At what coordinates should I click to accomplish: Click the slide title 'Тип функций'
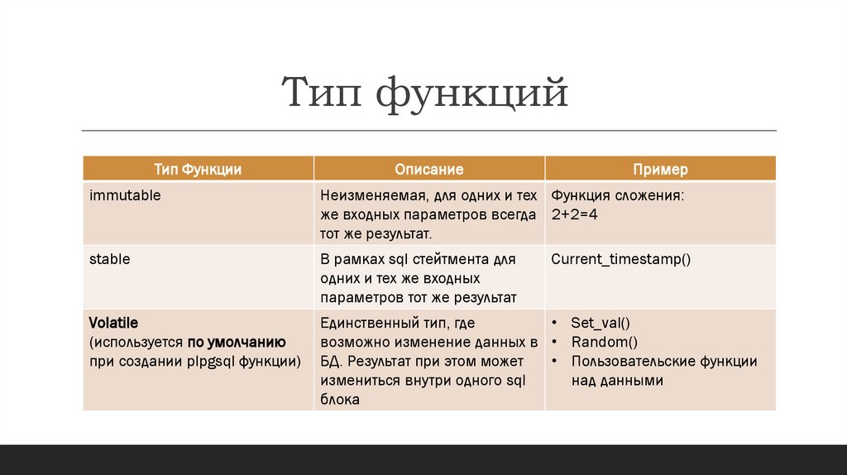(424, 93)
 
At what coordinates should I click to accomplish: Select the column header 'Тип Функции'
(198, 169)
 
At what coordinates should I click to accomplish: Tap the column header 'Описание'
(428, 169)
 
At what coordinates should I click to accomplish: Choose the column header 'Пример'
(660, 169)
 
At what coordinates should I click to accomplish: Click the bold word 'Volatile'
(113, 322)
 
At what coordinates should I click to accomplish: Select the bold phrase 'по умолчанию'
(237, 342)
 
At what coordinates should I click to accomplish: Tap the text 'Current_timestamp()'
(621, 259)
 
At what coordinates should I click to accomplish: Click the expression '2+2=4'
(577, 214)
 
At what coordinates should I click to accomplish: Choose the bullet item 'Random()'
(604, 342)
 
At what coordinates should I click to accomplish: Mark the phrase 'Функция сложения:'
(617, 196)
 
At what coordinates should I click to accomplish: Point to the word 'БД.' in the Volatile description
(333, 362)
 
